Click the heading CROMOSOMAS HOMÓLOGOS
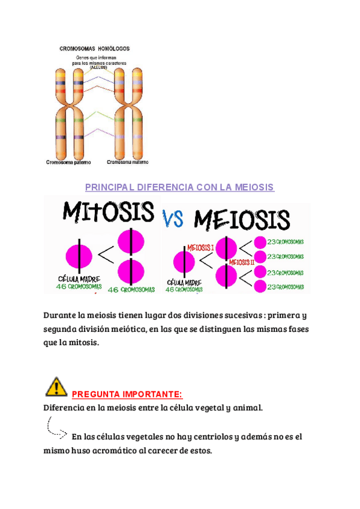click(94, 48)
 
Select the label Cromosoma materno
click(128, 162)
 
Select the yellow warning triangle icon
click(56, 387)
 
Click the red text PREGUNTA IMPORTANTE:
click(126, 394)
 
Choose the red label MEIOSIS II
click(242, 262)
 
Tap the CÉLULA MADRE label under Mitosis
click(77, 280)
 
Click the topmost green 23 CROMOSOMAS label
click(286, 242)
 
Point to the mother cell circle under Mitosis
click(78, 254)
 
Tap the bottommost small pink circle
click(260, 288)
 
